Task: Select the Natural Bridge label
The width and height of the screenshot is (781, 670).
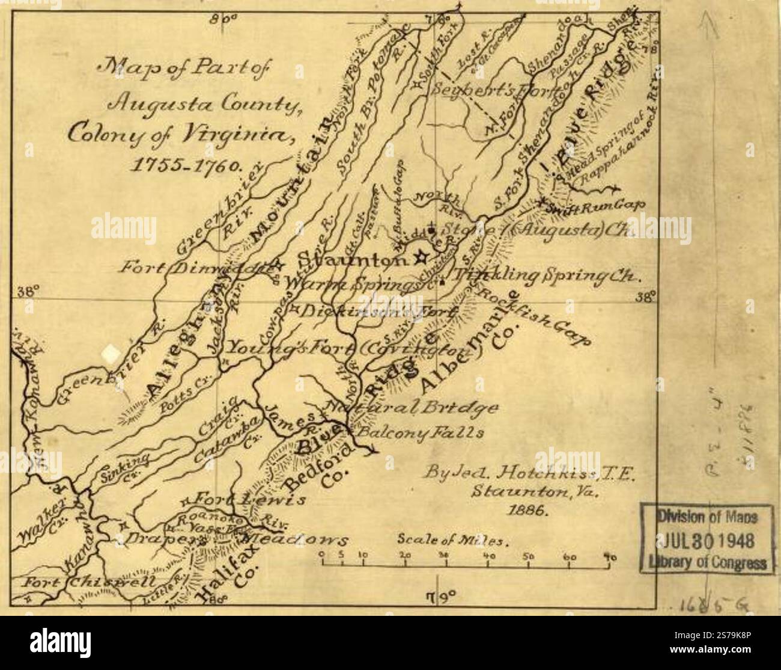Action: pos(415,409)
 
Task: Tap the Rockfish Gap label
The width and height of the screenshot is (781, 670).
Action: pos(529,319)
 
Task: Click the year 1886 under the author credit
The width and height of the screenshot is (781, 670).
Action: pos(526,510)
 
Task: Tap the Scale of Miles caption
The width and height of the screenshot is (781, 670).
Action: pos(454,539)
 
